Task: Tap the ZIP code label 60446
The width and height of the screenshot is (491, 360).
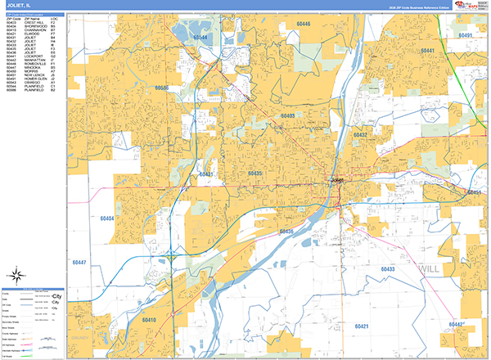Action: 303,25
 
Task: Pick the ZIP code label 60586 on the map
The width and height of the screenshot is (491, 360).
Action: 161,88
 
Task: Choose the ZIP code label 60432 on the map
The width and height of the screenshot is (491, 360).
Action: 361,133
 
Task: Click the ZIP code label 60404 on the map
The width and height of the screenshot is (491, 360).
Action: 106,218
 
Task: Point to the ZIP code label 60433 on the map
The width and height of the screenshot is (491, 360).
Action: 386,268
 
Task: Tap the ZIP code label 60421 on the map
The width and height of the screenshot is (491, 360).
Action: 361,326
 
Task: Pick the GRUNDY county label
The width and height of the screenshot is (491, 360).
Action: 78,335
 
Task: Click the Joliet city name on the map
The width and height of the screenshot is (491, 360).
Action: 337,179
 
